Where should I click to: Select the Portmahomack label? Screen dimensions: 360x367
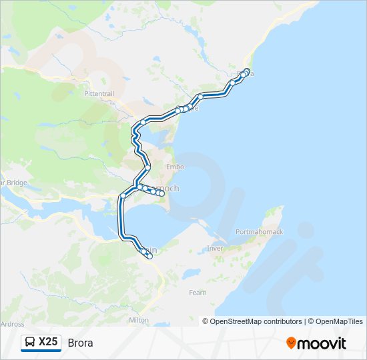260,232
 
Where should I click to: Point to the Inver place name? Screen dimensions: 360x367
215,248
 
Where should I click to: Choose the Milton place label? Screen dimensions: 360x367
139,320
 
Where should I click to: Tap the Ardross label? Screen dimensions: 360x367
12,324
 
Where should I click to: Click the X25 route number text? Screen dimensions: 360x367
49,343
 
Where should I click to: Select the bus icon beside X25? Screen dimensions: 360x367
30,343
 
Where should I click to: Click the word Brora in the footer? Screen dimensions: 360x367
80,343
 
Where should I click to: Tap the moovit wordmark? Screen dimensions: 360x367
322,343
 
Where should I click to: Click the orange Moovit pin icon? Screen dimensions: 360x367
292,343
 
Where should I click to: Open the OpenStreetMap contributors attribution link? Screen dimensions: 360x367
256,321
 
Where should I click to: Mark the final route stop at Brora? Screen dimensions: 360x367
248,71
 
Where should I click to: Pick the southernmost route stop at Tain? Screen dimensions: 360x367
149,256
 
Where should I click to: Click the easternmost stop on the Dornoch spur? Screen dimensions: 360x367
162,194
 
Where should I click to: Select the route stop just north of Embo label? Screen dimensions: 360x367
148,167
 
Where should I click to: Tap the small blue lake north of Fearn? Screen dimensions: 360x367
191,273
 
